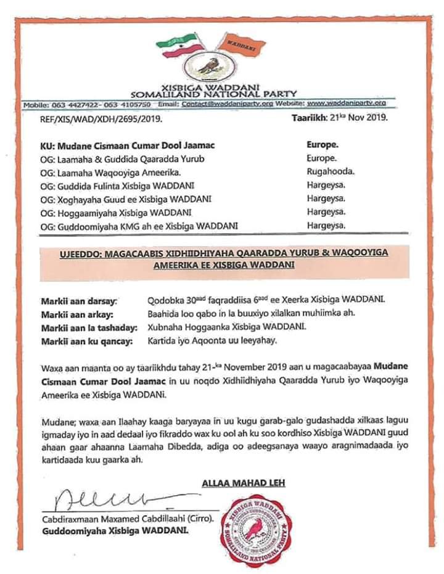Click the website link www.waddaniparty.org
(x=346, y=103)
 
